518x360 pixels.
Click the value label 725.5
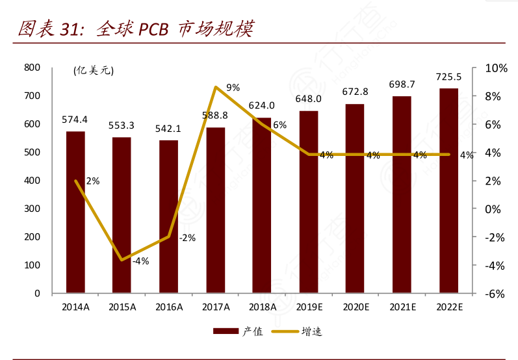448,76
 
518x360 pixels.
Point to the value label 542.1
168,129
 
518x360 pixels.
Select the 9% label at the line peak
233,87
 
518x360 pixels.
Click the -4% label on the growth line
140,261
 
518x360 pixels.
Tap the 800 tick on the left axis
32,68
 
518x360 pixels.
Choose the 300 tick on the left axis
32,209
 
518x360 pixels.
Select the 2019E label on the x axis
309,307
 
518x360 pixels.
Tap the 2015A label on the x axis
122,307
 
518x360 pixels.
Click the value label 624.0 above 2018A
261,105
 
